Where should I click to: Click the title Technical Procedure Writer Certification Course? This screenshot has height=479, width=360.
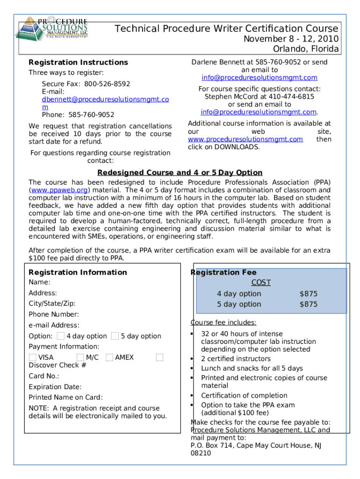(x=227, y=29)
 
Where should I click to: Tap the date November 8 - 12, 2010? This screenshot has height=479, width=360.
(x=291, y=39)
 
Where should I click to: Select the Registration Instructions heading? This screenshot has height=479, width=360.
(x=78, y=62)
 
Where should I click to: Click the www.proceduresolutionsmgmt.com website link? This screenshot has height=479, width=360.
(x=245, y=139)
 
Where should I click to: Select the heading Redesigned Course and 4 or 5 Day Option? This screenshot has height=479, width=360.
(x=180, y=173)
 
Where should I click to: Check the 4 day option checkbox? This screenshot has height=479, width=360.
(x=61, y=336)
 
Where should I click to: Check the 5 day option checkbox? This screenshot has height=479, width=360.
(x=115, y=336)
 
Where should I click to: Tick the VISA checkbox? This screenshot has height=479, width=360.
(x=32, y=357)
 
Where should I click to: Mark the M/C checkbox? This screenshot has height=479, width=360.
(x=80, y=357)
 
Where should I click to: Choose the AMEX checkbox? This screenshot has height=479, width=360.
(x=109, y=357)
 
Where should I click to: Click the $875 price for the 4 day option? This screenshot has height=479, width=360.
(x=308, y=294)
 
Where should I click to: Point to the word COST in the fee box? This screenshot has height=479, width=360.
(x=261, y=283)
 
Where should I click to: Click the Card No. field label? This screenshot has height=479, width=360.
(x=44, y=376)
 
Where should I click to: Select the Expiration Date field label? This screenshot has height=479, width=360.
(x=55, y=387)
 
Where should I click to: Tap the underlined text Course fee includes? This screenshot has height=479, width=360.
(x=223, y=322)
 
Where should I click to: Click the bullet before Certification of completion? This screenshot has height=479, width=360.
(x=192, y=396)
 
